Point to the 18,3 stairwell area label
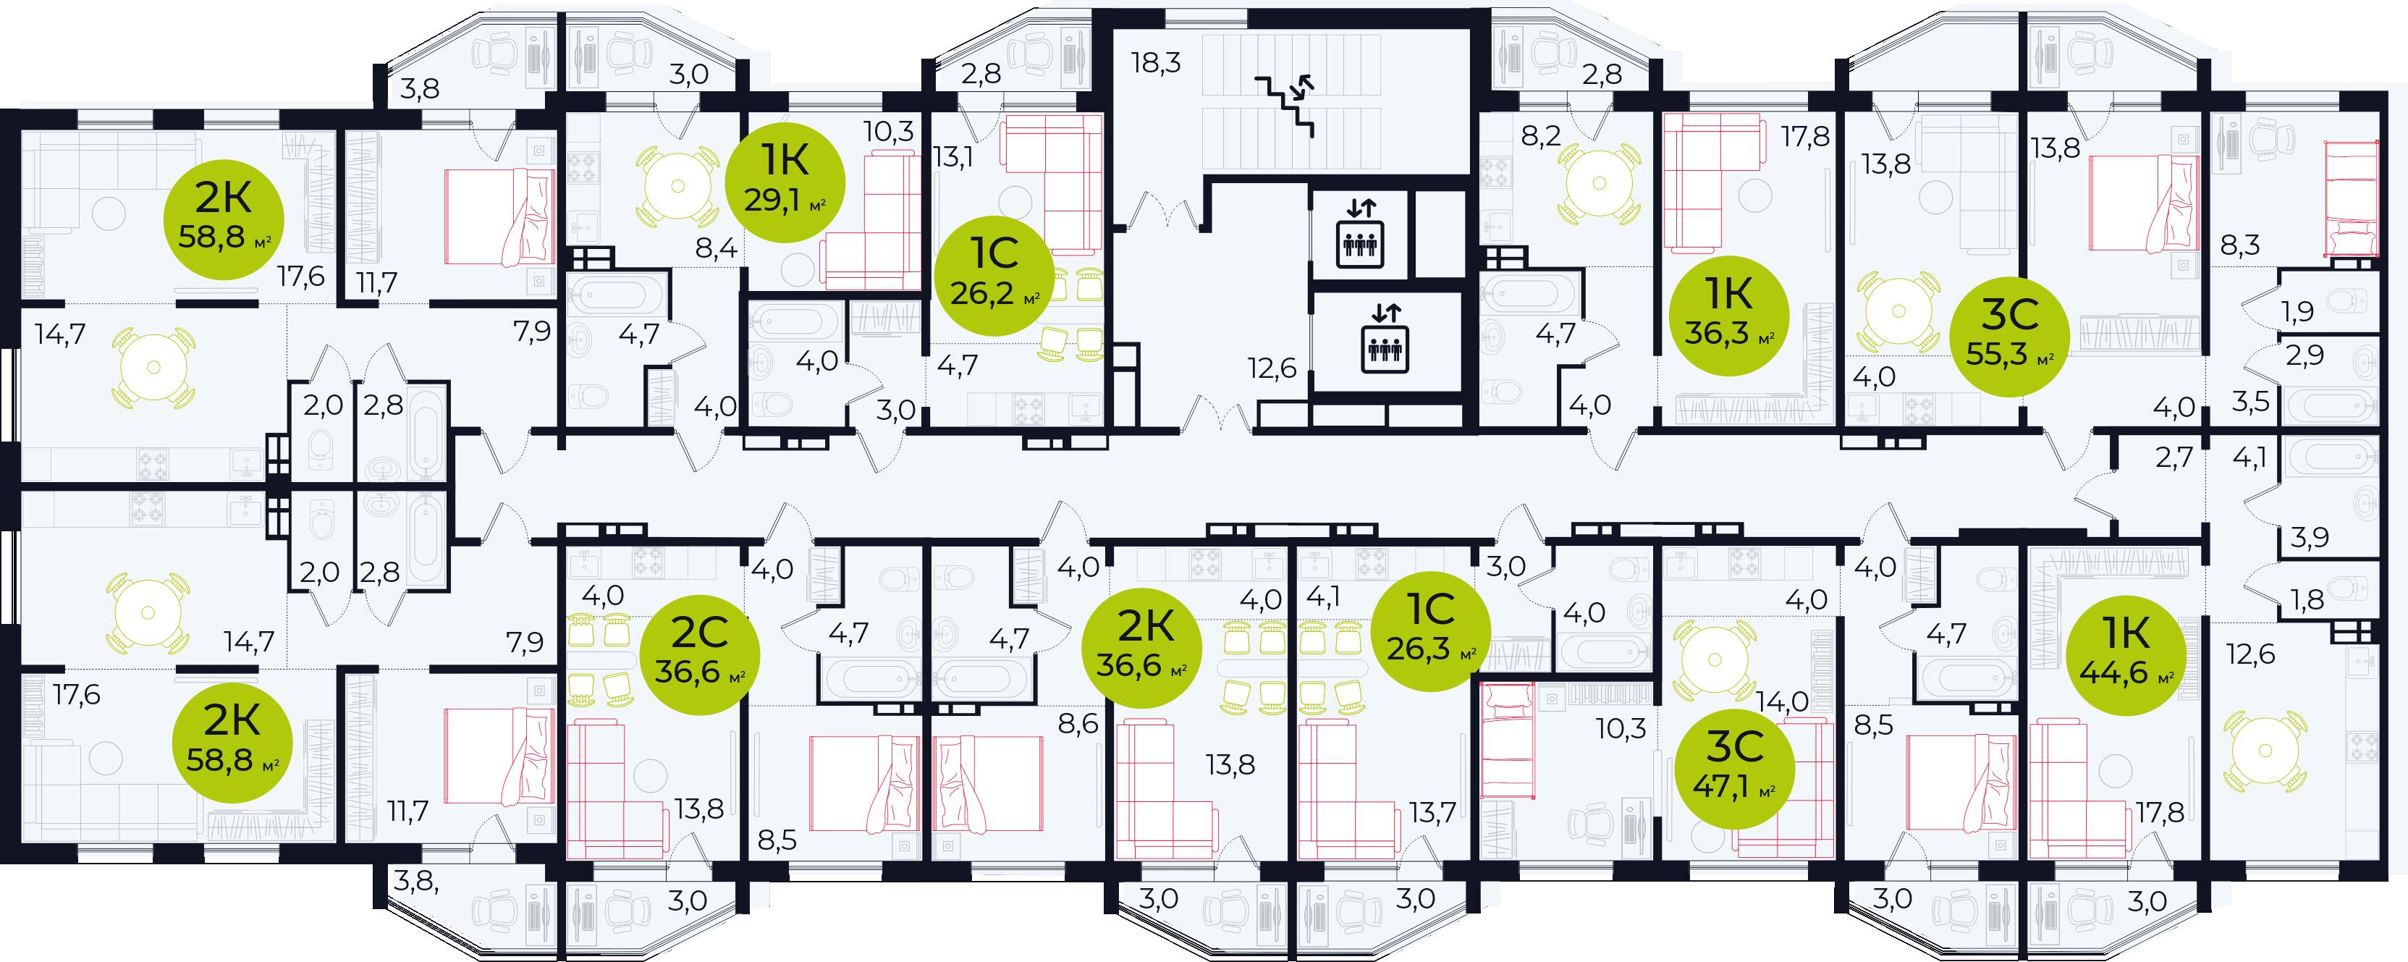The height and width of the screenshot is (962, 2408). click(x=1157, y=63)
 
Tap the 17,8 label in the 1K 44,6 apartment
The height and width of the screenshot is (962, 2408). click(x=2160, y=812)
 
